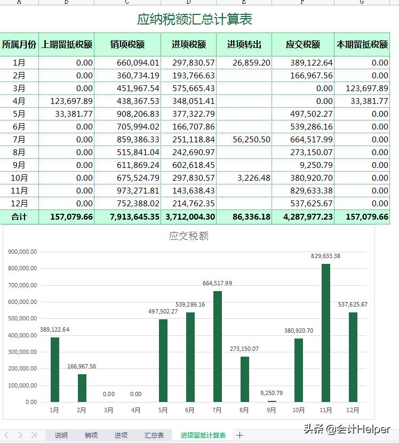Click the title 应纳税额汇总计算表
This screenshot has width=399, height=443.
tap(195, 20)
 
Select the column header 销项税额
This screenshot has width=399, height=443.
tap(127, 45)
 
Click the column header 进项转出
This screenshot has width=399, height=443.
tap(244, 45)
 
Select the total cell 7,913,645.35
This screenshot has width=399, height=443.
tap(127, 217)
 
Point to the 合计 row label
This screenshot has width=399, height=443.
tap(19, 217)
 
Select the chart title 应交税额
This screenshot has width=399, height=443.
tap(188, 236)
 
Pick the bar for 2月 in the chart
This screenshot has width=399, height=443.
tap(82, 388)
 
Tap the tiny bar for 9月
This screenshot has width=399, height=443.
tap(272, 401)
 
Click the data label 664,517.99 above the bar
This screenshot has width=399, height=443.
tap(217, 283)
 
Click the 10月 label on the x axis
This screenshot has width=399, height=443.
tap(298, 410)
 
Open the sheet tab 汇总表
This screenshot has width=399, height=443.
tap(154, 436)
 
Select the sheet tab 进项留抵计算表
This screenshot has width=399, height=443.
tap(203, 436)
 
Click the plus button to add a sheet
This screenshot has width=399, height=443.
tap(240, 436)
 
